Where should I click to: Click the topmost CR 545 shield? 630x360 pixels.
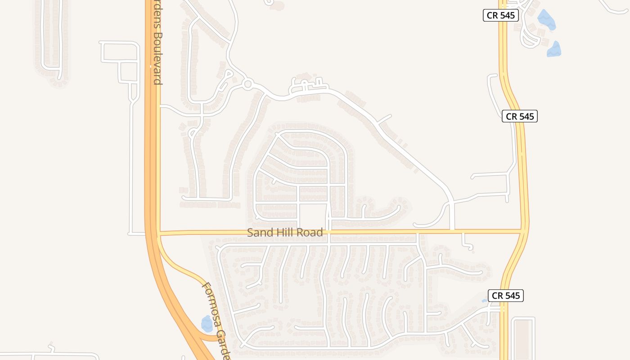(x=501, y=15)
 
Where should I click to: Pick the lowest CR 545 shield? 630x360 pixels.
(x=506, y=296)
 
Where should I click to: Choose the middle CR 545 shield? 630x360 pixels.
(x=520, y=116)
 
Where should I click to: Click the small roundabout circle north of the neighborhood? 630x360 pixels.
(x=247, y=84)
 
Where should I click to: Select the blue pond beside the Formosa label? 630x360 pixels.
(x=207, y=323)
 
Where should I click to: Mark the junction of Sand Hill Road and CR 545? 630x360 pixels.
(x=524, y=231)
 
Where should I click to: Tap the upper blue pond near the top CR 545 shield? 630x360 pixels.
(x=546, y=20)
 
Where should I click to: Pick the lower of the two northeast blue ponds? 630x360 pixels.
(x=554, y=49)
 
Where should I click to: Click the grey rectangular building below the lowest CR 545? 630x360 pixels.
(x=522, y=338)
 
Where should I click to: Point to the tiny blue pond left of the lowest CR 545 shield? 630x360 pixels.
(x=485, y=300)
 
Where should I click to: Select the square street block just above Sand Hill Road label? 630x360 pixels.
(x=313, y=216)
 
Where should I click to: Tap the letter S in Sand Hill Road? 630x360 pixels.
(x=250, y=233)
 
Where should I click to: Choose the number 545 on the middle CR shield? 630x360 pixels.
(x=526, y=116)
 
